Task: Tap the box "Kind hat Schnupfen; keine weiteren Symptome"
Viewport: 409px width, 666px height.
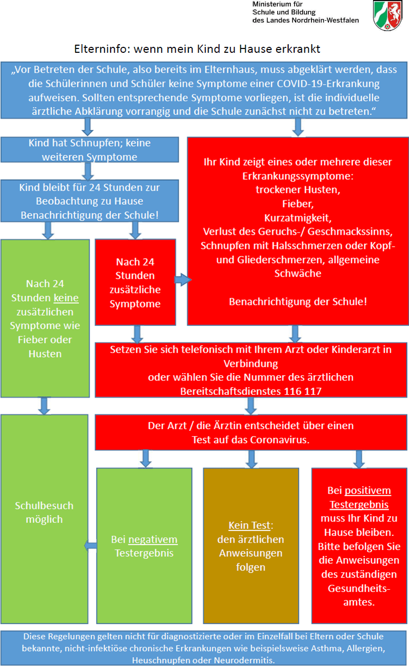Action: (x=89, y=150)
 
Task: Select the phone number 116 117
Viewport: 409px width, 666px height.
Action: (x=304, y=390)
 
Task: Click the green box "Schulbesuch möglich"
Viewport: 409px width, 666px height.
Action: (x=44, y=512)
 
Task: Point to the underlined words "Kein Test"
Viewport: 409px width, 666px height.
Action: (x=249, y=526)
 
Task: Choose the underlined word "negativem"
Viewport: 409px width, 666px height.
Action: (x=153, y=540)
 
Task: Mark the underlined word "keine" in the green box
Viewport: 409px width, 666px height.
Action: (x=66, y=298)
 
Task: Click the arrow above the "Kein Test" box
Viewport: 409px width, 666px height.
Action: (x=251, y=458)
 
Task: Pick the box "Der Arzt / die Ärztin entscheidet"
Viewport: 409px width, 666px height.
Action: (x=251, y=432)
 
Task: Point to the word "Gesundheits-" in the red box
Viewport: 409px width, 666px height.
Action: (x=359, y=589)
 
